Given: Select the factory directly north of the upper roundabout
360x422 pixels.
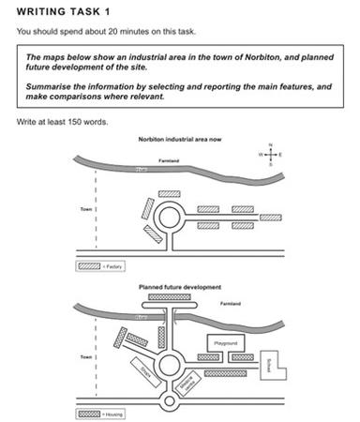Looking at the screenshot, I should [x=170, y=193].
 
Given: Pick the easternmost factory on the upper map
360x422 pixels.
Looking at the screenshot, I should [x=270, y=219].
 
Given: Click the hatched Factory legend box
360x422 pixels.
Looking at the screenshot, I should [x=89, y=266].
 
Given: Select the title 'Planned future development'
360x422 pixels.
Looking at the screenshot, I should [x=179, y=285].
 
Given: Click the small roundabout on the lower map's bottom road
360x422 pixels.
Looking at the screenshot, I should [x=171, y=402].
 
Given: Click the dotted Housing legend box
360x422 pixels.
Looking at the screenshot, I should [x=89, y=413].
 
